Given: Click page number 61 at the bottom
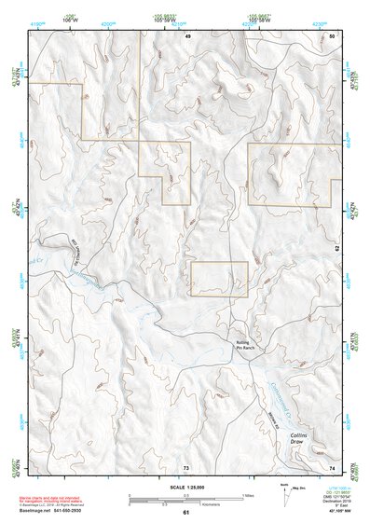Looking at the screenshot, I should pos(185,513).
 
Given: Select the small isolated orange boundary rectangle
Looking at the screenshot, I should pos(219,279).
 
